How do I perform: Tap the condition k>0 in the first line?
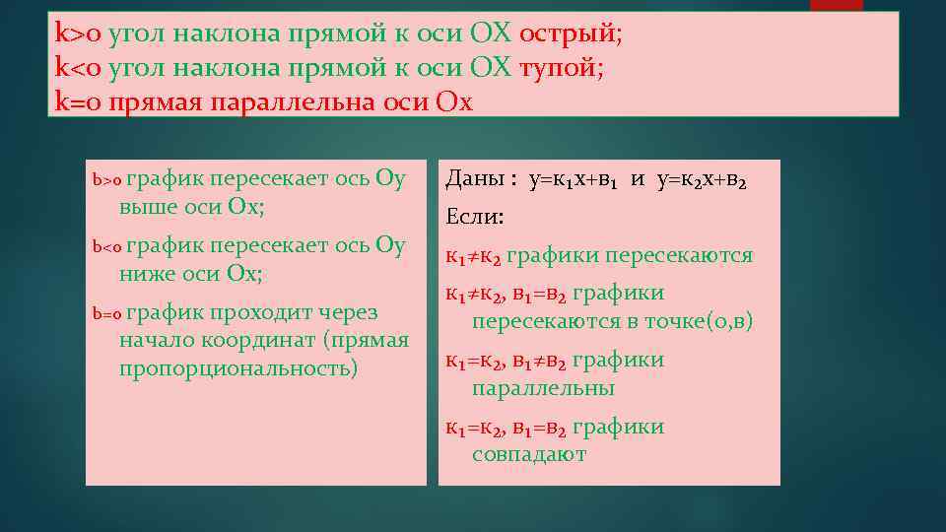[79, 33]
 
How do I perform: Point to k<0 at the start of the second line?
[79, 68]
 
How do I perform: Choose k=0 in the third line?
[79, 102]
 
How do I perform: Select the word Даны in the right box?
[475, 179]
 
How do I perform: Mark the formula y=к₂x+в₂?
[702, 180]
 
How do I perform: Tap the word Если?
[475, 217]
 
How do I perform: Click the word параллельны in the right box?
[543, 388]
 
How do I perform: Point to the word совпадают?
[528, 454]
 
